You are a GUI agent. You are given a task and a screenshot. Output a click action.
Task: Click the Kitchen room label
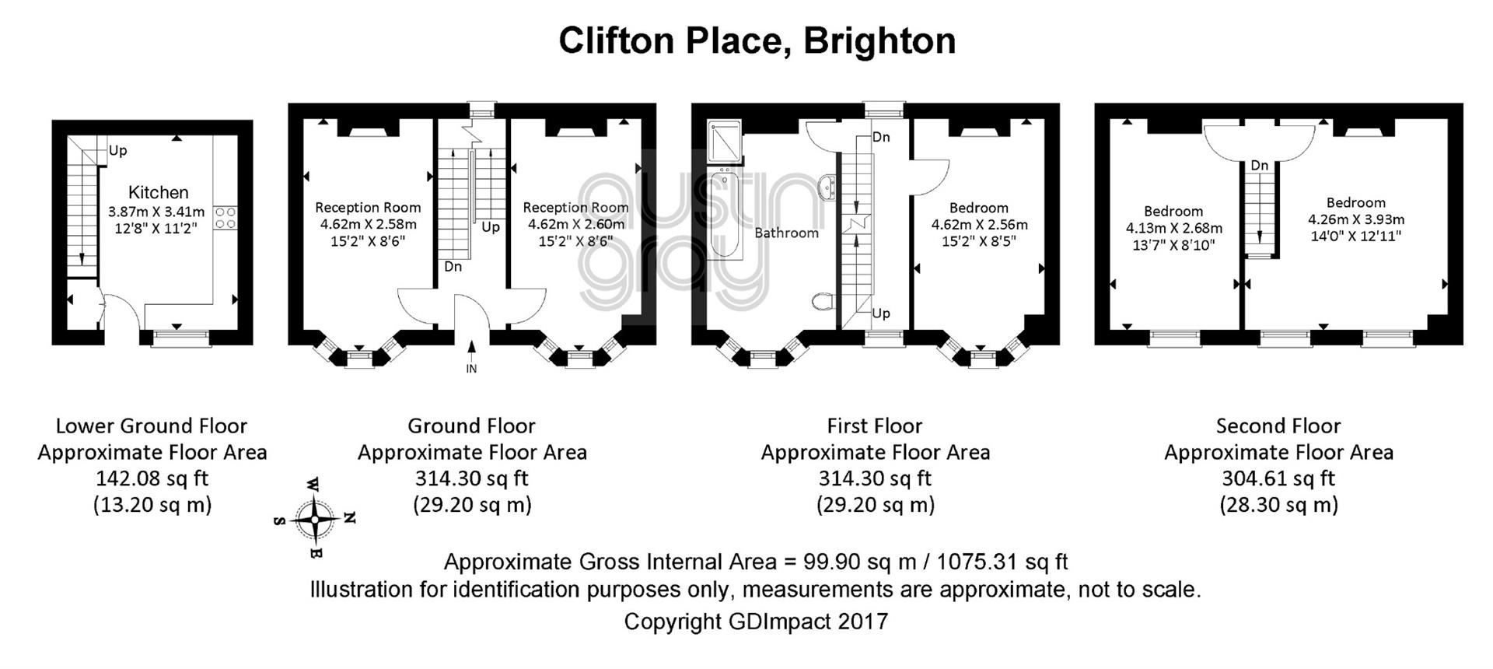tap(158, 192)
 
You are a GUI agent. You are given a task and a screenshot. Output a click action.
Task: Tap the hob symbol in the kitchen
tap(225, 217)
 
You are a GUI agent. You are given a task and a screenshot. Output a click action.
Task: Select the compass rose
tap(315, 518)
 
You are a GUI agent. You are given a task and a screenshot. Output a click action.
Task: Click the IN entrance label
tap(471, 369)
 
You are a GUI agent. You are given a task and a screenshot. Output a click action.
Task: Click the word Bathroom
tap(786, 233)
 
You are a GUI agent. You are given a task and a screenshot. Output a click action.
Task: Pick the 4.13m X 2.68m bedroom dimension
tap(1174, 228)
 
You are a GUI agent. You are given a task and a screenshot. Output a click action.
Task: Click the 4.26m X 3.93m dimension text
tap(1356, 219)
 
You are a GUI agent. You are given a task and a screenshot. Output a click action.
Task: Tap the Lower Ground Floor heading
tap(152, 426)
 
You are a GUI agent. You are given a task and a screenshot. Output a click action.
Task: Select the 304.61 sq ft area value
tap(1278, 478)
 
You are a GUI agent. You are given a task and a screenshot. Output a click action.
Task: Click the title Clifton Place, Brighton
tap(757, 40)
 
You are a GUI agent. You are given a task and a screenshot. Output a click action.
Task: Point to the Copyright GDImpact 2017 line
tap(756, 622)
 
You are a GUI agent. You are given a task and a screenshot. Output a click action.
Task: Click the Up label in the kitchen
tap(117, 151)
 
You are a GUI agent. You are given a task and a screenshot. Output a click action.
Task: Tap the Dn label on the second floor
tap(1260, 166)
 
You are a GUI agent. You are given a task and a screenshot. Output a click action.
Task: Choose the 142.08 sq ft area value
tap(152, 478)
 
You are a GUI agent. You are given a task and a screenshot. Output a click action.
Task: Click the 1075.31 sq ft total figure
tap(1002, 562)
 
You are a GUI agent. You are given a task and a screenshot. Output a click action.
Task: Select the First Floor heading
tap(875, 426)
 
